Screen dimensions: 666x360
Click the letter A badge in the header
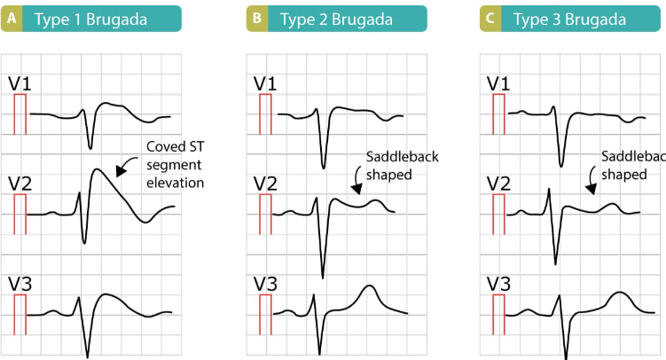click(x=12, y=19)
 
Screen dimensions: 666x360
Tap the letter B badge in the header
click(x=257, y=19)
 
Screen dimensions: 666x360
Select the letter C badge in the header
click(x=490, y=19)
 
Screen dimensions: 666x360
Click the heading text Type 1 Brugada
click(x=90, y=20)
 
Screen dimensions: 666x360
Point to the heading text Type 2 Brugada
click(x=336, y=20)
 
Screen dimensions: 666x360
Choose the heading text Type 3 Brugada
click(x=569, y=20)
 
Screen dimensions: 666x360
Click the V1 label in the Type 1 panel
click(x=20, y=83)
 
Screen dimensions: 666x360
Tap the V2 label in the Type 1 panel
click(x=20, y=184)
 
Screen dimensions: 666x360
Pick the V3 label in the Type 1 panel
click(x=20, y=284)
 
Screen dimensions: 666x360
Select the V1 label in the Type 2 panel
click(x=265, y=83)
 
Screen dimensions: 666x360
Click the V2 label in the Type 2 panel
click(x=265, y=184)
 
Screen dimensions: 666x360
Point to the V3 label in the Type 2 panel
click(x=265, y=284)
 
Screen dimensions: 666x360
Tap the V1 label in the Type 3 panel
click(x=498, y=83)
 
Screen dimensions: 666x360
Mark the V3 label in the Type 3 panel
click(x=498, y=284)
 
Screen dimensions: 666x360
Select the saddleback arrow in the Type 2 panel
click(x=356, y=178)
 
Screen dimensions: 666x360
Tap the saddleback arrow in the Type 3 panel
click(x=591, y=178)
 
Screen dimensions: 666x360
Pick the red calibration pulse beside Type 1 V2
click(x=20, y=214)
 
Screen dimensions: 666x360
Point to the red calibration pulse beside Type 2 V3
click(x=265, y=314)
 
